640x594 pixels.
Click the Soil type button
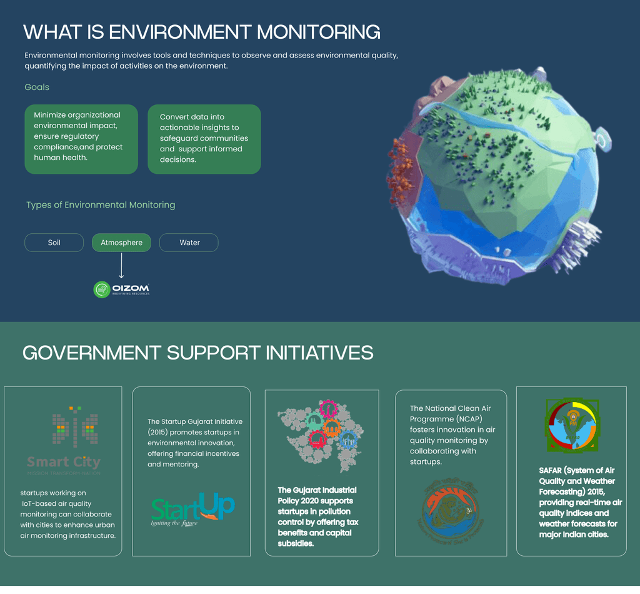[54, 243]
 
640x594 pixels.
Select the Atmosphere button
[121, 243]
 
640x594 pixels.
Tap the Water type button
[189, 243]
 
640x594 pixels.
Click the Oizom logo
[121, 289]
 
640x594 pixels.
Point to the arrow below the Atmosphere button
[121, 266]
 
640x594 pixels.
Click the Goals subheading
[37, 87]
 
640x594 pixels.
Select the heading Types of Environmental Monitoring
[101, 205]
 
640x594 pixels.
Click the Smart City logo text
[64, 463]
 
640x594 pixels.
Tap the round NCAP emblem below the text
[451, 508]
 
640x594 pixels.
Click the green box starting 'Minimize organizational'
[81, 139]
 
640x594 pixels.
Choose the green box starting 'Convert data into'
[204, 139]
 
